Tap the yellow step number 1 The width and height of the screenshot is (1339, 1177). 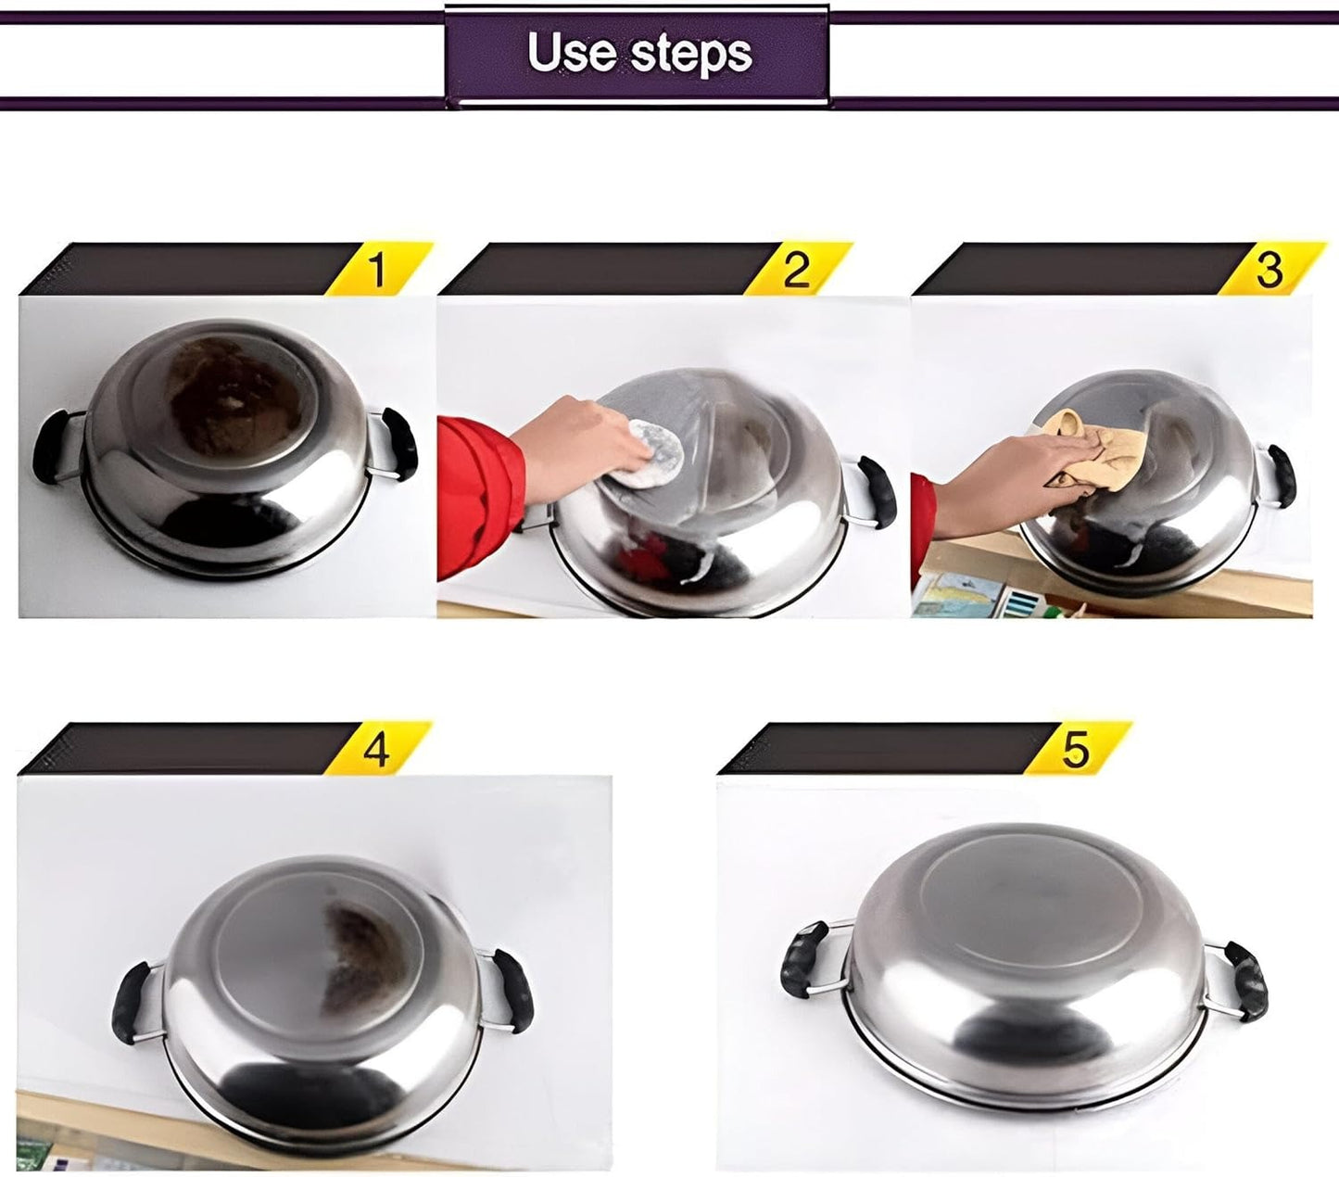[x=375, y=270]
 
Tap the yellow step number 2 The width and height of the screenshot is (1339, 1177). [x=796, y=270]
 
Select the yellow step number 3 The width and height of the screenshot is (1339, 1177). [x=1269, y=269]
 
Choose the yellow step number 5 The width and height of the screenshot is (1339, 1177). [x=1075, y=749]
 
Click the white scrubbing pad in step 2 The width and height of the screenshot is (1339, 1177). [x=653, y=454]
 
